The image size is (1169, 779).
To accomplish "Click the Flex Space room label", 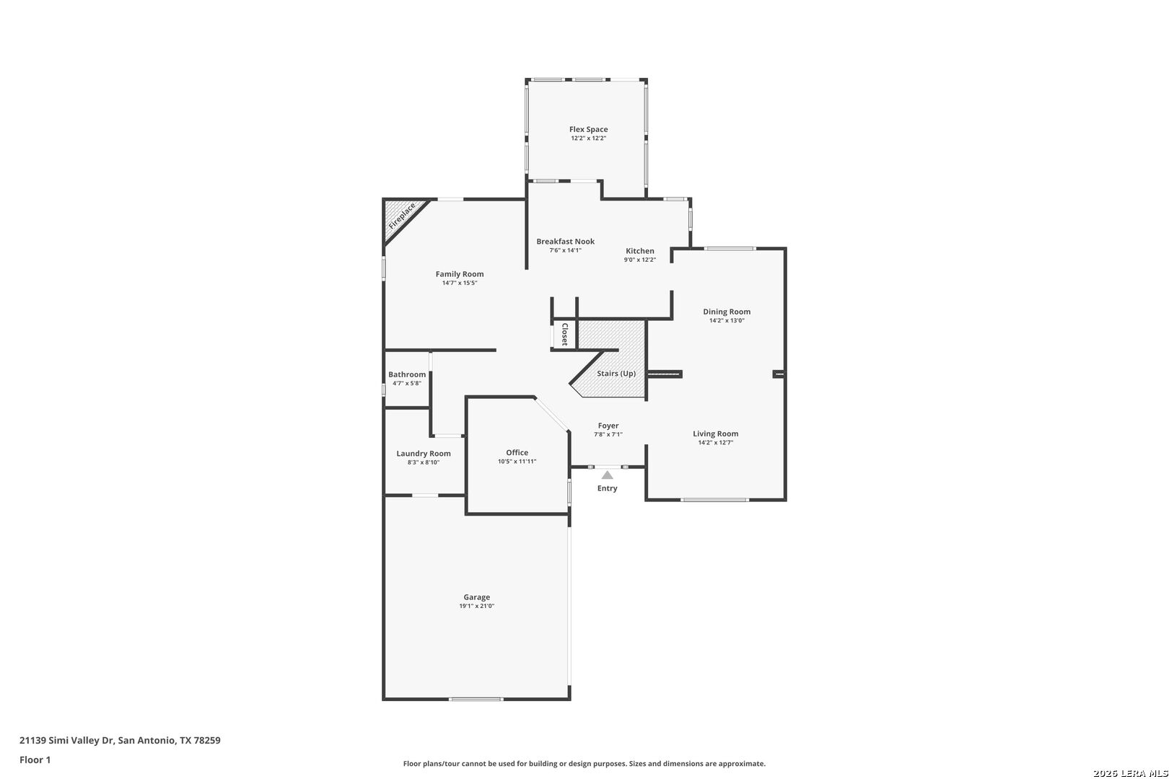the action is coord(588,129).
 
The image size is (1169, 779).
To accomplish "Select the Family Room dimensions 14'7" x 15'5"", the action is coord(460,283).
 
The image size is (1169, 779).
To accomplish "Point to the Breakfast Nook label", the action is coord(565,242).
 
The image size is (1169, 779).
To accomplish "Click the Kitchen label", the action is coord(640,251).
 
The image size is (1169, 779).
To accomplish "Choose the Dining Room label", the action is coord(727,312).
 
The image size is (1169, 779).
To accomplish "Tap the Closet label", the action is coord(565,335).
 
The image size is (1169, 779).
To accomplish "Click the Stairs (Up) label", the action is coord(616,374).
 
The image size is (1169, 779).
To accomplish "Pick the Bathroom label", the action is coord(407,374).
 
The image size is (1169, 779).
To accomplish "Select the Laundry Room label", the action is coord(424,454).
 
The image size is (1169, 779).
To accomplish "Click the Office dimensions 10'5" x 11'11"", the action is coord(517,461).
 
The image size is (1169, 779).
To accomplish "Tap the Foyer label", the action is coord(608,426).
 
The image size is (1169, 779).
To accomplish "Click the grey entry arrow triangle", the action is coord(607,475).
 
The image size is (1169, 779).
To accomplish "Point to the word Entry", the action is coord(607,488).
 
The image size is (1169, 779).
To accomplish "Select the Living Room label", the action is coord(716,433).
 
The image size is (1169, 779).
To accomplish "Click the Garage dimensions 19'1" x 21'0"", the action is coord(476,606).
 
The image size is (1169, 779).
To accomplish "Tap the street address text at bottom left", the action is coord(120,740).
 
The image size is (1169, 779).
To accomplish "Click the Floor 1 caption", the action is coord(35,760).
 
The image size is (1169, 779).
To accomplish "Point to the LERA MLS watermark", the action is coord(1130,773).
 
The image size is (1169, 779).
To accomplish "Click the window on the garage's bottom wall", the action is coord(476,699).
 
